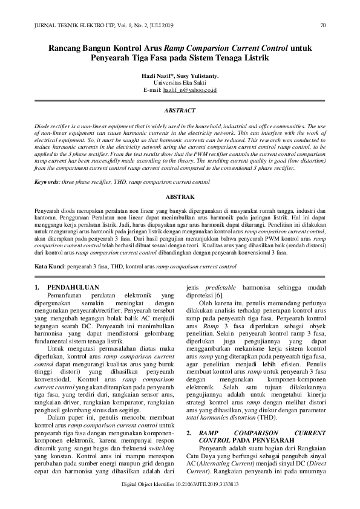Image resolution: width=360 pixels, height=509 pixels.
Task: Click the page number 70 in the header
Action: click(322, 25)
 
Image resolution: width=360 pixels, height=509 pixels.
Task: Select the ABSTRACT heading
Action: click(180, 111)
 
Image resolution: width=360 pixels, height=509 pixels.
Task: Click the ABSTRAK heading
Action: click(180, 197)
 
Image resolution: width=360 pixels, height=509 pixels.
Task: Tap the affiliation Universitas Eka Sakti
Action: click(180, 83)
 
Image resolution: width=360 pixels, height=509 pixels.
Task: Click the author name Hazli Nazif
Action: click(156, 76)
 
